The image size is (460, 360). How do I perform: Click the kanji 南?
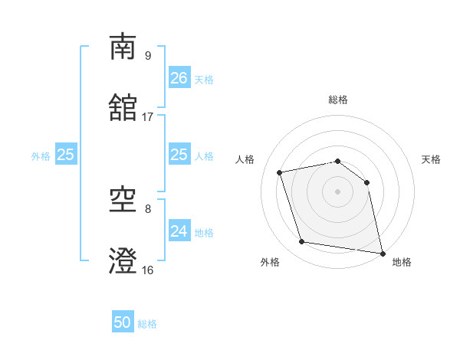point(123,47)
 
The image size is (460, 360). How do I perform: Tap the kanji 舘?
point(123,108)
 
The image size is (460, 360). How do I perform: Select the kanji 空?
point(123,200)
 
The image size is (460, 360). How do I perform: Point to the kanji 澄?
point(123,261)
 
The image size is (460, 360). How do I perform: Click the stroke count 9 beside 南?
point(147,55)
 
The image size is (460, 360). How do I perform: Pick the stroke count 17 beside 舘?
point(148,116)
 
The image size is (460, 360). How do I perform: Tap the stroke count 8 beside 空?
point(147,208)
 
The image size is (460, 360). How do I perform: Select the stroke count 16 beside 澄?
point(148,270)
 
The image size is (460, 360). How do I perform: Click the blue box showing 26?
point(179,78)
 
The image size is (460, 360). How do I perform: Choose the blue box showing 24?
point(179,231)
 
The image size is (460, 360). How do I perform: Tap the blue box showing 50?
point(123,322)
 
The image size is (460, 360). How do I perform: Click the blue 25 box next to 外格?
point(66,155)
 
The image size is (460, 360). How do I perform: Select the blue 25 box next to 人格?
point(179,155)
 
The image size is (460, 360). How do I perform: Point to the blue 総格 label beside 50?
point(147,324)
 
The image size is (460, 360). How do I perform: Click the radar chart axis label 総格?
point(338,100)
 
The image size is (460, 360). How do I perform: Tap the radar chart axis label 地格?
point(402,262)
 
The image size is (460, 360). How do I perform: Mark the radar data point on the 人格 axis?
point(281,172)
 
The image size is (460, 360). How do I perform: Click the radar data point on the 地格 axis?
point(381,252)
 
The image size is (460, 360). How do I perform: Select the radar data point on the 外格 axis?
point(302,242)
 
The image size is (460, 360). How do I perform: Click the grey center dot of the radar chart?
point(337,191)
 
